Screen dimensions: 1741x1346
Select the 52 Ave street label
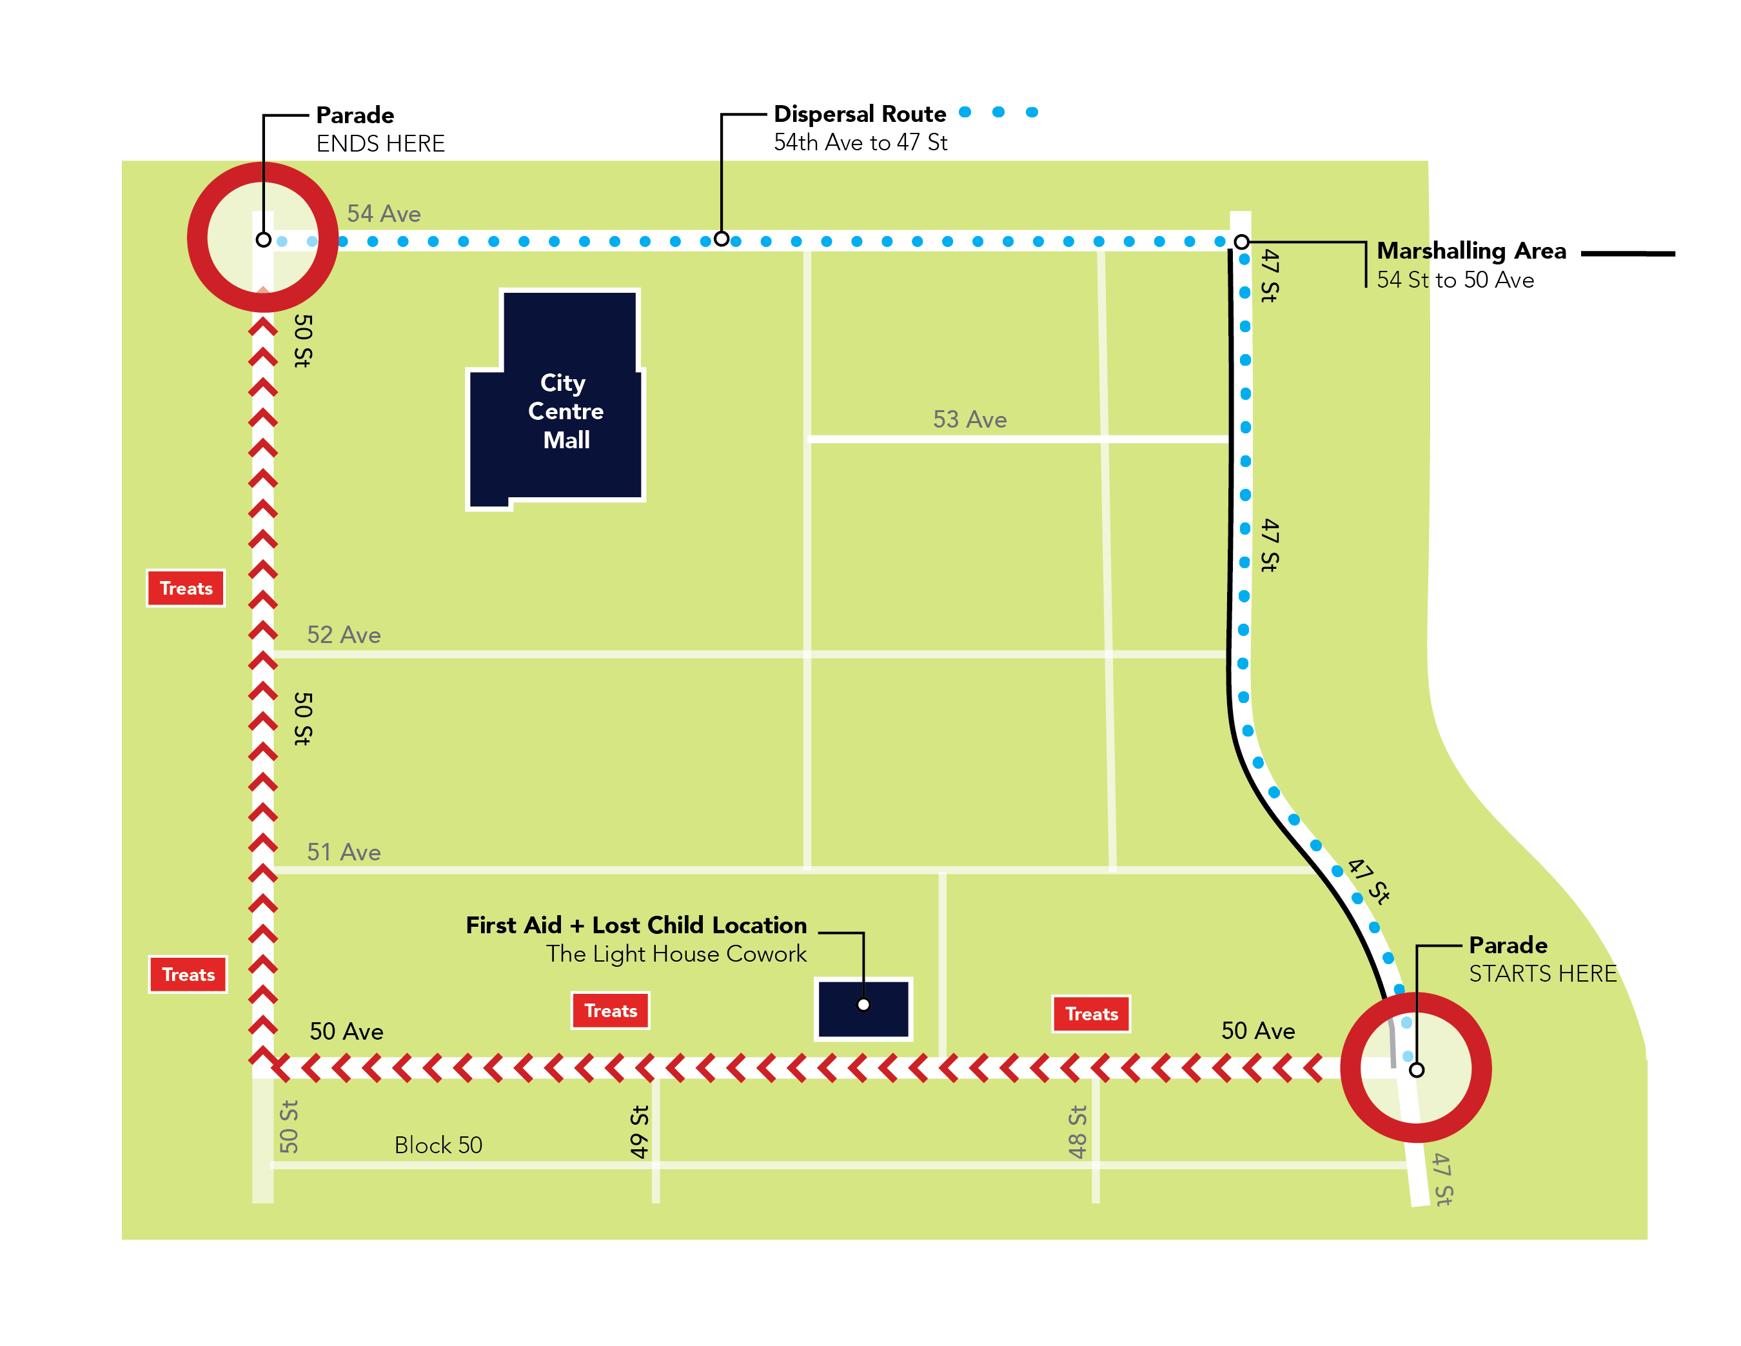344,635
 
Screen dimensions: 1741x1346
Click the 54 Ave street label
384,213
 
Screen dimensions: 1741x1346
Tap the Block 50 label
438,1145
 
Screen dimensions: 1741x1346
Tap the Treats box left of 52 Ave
186,588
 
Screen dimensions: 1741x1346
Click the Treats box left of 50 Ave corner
188,975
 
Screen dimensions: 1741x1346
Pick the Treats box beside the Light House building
611,1011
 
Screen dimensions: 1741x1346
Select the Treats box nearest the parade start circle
1091,1014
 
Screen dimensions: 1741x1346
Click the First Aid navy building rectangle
863,1009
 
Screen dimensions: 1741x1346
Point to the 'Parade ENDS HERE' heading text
355,115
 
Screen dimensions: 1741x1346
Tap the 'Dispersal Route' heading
860,114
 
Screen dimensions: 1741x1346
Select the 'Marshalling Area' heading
1471,251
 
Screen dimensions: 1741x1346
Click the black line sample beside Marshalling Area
1628,253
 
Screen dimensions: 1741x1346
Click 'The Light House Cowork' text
676,954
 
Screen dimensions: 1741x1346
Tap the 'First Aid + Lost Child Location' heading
636,925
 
